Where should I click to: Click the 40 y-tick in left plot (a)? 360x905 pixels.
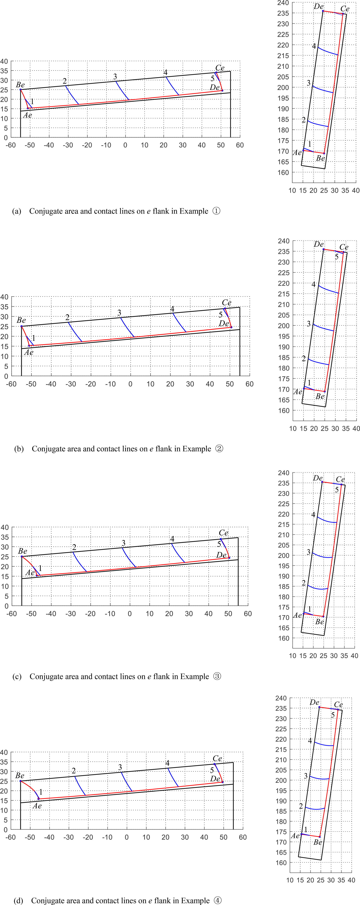(x=4, y=61)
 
